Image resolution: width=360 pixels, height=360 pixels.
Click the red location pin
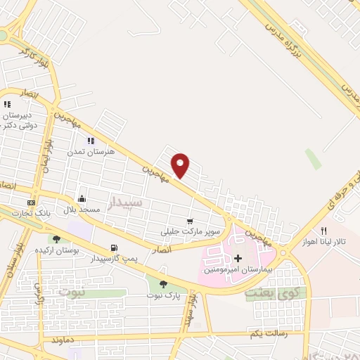pyautogui.click(x=181, y=165)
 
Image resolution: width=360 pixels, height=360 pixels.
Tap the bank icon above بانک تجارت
pyautogui.click(x=30, y=202)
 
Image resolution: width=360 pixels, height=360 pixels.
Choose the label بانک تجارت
pyautogui.click(x=34, y=213)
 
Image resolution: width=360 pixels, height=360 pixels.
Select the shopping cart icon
pyautogui.click(x=191, y=221)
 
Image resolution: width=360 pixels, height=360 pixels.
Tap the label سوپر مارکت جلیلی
pyautogui.click(x=191, y=231)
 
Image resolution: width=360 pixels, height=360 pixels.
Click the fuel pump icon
pyautogui.click(x=113, y=247)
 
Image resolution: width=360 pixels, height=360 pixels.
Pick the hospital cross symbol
pyautogui.click(x=238, y=259)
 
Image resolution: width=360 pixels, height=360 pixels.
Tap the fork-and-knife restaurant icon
pyautogui.click(x=323, y=231)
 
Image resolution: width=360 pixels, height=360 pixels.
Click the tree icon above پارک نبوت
pyautogui.click(x=163, y=284)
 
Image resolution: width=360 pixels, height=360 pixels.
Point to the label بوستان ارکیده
pyautogui.click(x=77, y=250)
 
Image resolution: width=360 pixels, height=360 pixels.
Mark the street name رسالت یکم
pyautogui.click(x=266, y=335)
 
